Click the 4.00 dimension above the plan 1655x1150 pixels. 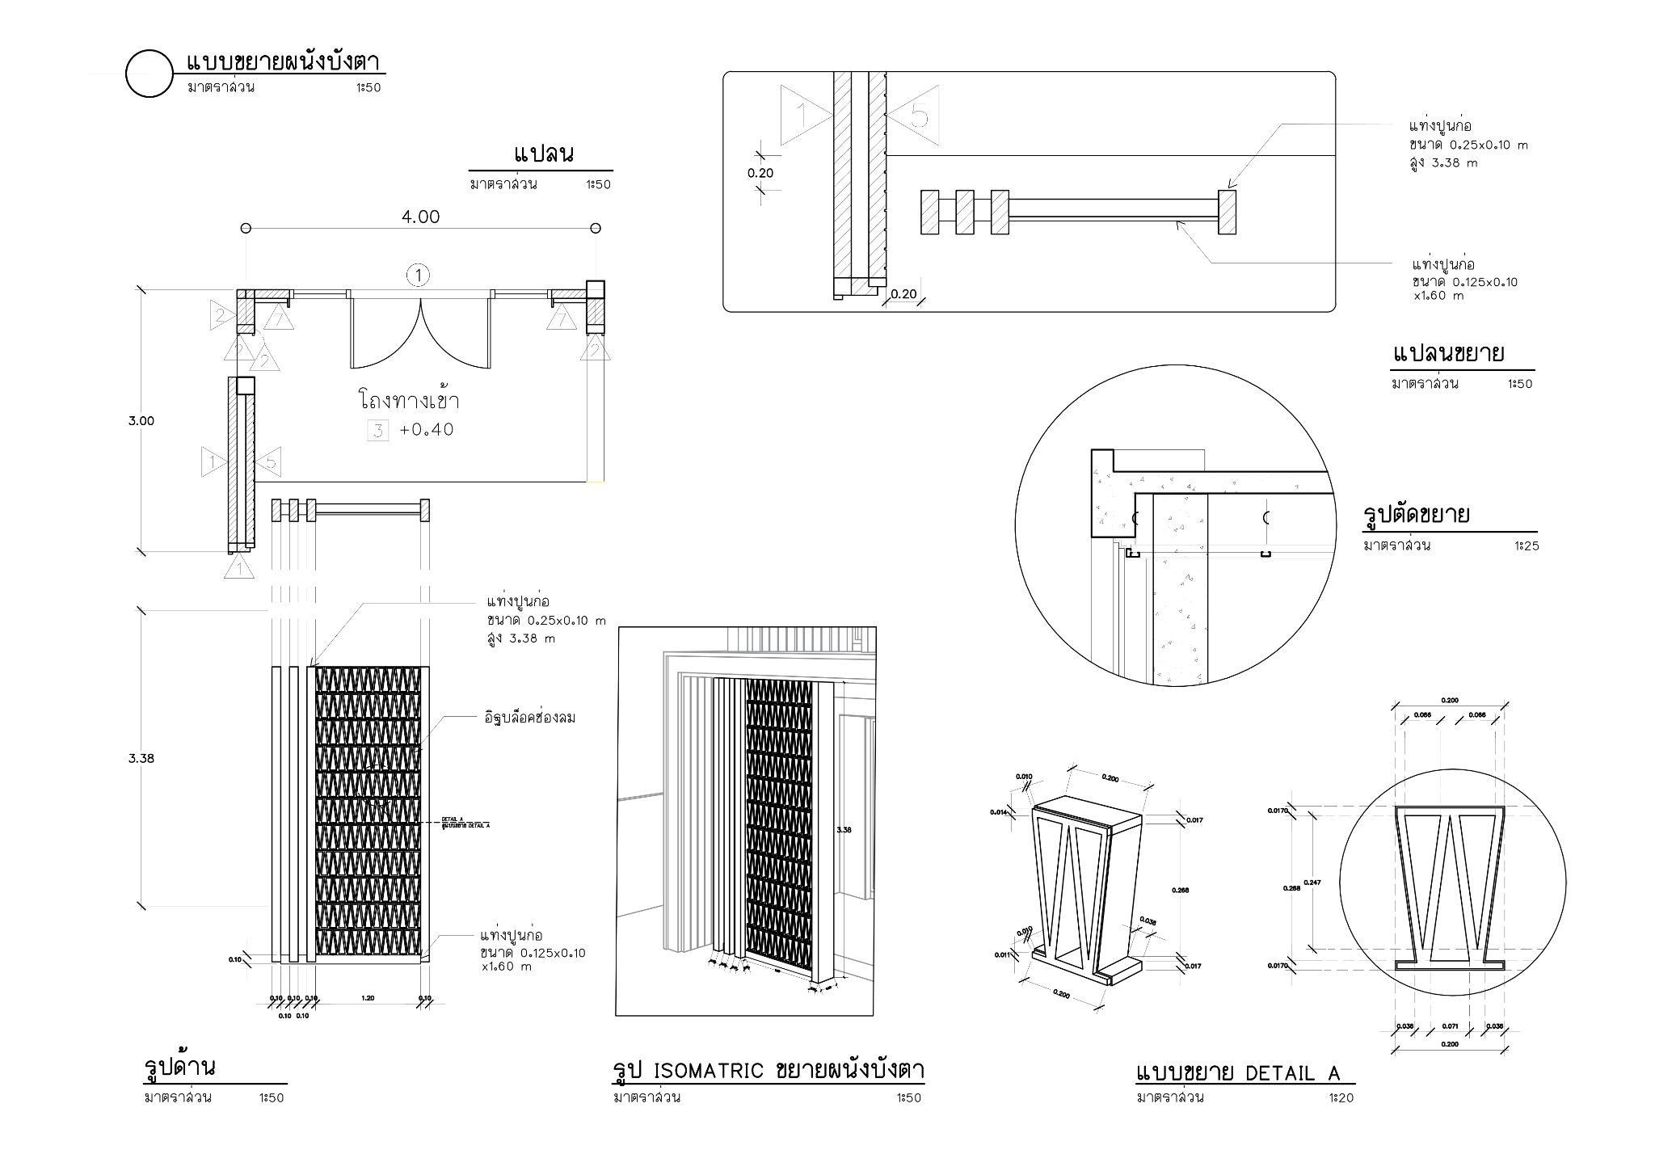420,217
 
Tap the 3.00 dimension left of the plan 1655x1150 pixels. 141,420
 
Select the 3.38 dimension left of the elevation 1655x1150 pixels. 141,758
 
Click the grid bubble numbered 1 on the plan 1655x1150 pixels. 419,276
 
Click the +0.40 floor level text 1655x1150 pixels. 427,430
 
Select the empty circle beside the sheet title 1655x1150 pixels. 149,74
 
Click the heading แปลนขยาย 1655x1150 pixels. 1448,354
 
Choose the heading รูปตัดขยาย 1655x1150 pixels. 1416,515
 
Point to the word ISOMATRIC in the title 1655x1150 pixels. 707,1071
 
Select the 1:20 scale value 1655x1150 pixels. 1341,1097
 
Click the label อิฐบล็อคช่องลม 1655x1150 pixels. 529,718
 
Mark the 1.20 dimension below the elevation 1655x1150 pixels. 368,999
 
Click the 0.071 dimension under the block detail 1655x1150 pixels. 1450,1026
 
